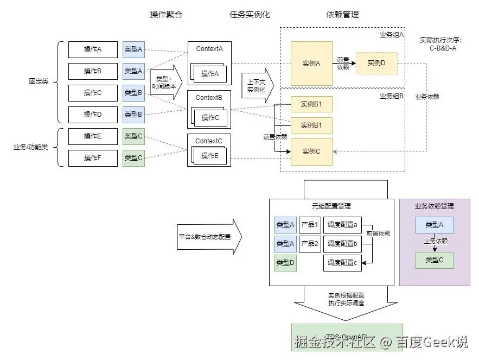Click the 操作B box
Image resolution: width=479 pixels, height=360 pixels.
93,71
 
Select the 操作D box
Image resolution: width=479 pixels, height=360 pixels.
93,115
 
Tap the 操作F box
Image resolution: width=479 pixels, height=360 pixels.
93,158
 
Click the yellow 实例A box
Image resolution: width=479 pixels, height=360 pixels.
311,64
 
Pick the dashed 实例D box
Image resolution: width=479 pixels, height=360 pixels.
376,63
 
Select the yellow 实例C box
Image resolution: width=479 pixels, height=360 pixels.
311,151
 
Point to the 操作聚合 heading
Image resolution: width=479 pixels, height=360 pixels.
166,15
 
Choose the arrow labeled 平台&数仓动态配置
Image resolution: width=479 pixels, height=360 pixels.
209,237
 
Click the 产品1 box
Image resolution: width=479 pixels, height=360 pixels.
310,225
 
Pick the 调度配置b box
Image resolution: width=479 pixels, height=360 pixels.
342,244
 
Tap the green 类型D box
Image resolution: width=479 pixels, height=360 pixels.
285,263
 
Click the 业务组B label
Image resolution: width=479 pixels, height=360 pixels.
391,96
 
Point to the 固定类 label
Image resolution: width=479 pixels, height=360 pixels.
39,81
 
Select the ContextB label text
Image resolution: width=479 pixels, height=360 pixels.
209,98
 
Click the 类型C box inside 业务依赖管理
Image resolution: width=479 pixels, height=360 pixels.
435,260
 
